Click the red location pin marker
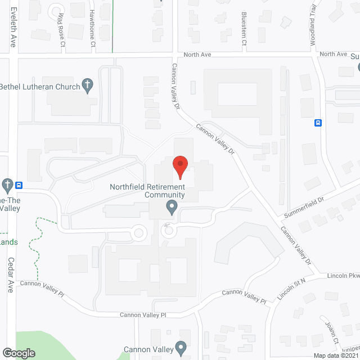coord(180,165)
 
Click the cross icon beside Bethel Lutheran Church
coord(87,85)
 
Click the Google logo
coord(18,353)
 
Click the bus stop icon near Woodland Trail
coord(318,123)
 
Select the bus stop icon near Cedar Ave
coord(19,184)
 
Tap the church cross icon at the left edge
coord(7,184)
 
